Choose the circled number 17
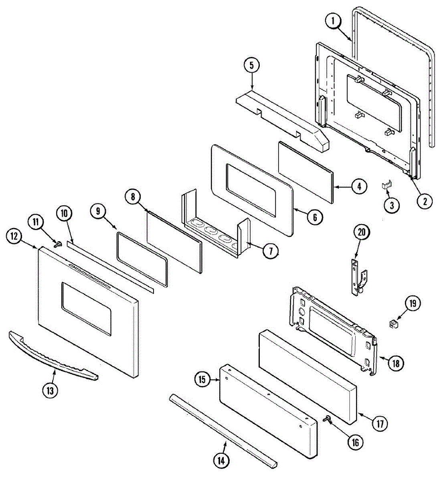click(x=379, y=424)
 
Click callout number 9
click(x=99, y=211)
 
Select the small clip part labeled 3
click(x=387, y=184)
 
